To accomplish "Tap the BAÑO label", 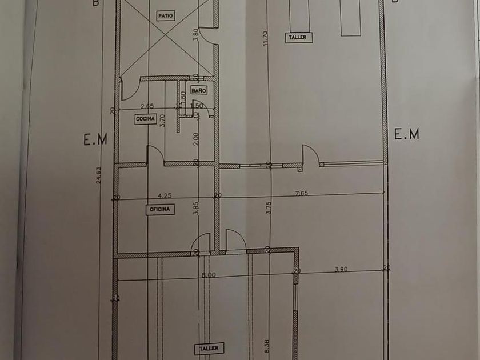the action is tap(198, 90).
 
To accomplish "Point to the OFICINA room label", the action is tap(161, 210).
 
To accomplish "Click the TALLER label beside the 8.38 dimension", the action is tap(209, 347).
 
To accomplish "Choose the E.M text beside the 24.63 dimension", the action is tap(95, 139).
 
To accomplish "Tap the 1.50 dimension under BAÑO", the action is tap(198, 106).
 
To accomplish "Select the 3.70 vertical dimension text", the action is tap(163, 120).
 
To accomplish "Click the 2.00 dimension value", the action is tap(195, 138).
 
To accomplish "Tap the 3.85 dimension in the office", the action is tap(195, 209).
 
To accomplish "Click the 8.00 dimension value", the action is tap(209, 274).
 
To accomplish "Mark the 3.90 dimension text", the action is tap(341, 269).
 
